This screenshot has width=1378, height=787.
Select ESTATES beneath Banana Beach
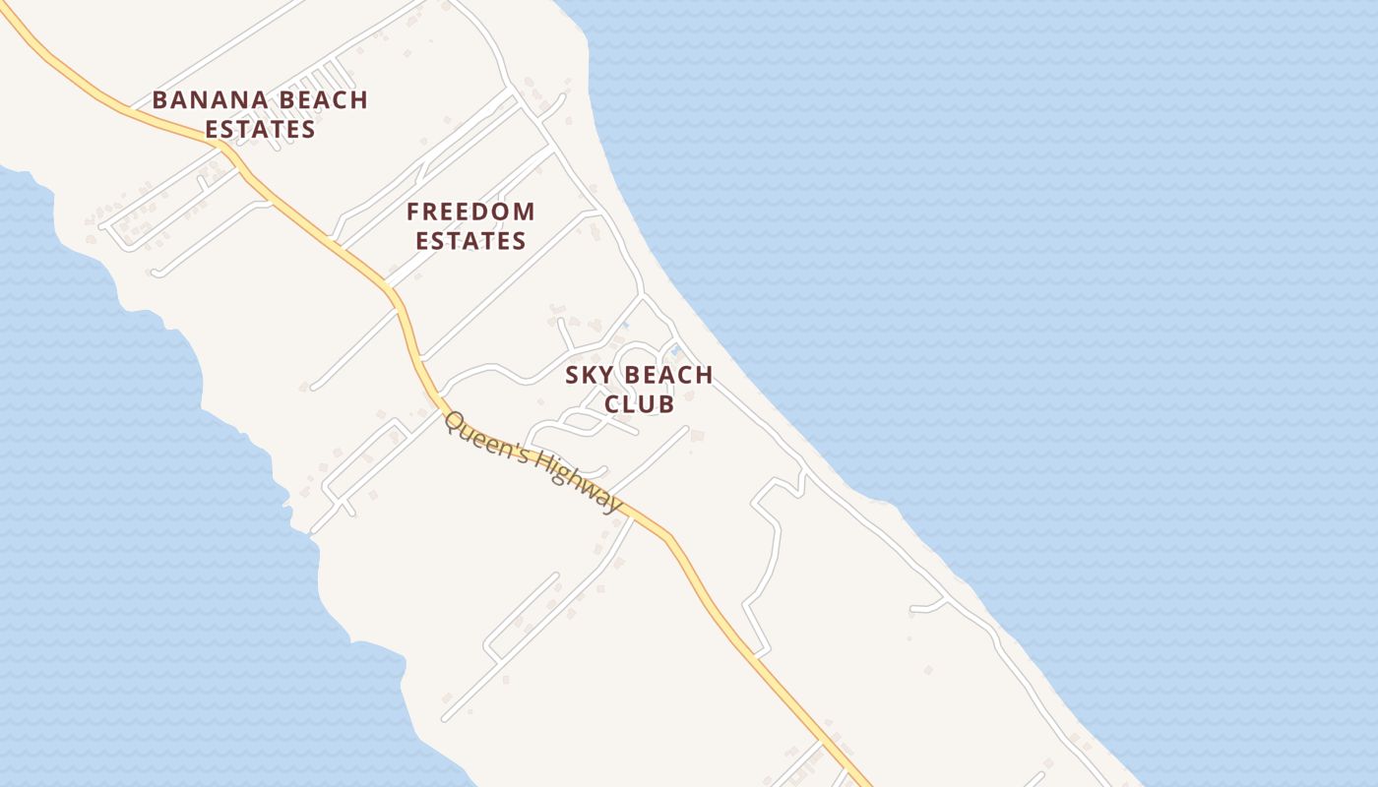tap(260, 129)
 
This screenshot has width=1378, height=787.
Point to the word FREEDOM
tap(470, 212)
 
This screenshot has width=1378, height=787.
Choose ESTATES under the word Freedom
tap(470, 241)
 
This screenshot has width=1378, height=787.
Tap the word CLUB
tap(639, 404)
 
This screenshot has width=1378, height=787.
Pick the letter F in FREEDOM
tap(413, 212)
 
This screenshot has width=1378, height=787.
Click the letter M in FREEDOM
tap(523, 212)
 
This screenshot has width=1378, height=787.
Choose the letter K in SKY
tap(590, 375)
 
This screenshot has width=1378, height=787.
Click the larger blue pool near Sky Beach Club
tap(674, 349)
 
